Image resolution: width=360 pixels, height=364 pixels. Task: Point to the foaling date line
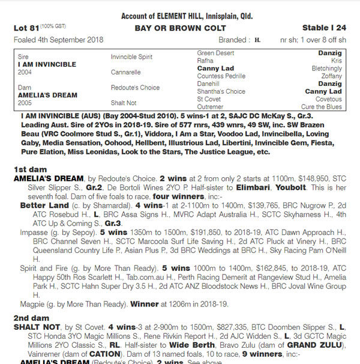click(58, 40)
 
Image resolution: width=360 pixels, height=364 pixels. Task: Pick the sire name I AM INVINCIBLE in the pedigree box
click(43, 64)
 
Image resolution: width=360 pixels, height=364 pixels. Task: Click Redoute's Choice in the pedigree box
click(135, 87)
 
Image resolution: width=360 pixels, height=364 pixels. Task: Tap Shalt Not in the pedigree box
click(124, 102)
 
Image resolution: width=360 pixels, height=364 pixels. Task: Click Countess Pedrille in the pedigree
click(223, 76)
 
